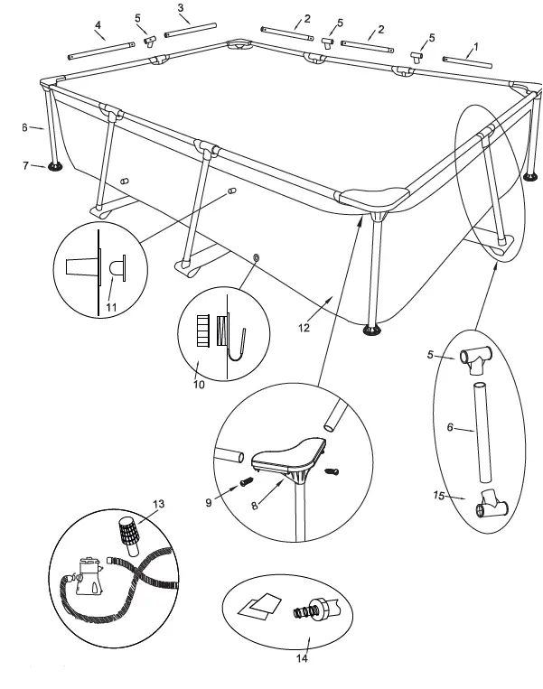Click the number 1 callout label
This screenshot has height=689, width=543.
click(476, 45)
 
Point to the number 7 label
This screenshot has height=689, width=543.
click(26, 165)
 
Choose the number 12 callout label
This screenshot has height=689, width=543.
click(305, 328)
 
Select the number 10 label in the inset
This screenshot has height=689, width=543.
click(200, 385)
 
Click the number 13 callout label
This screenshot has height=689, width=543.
click(159, 503)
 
